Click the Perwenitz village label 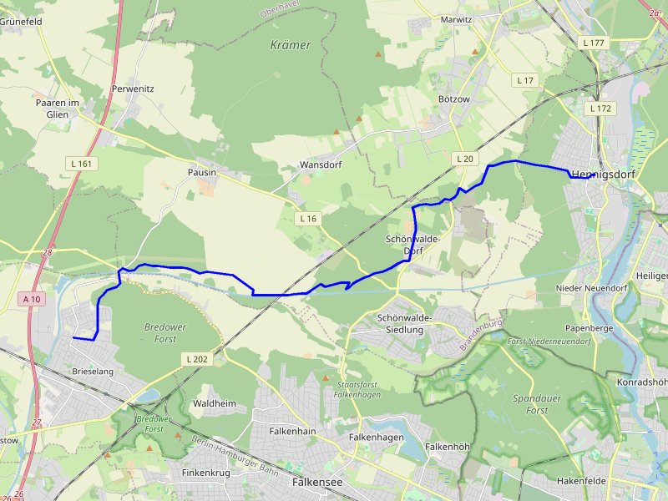[133, 88]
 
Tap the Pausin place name [202, 172]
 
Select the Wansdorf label [321, 164]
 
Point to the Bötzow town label [454, 99]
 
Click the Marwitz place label [456, 19]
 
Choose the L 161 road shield [81, 164]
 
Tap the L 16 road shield [308, 219]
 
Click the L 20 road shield [464, 159]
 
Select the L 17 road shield [525, 80]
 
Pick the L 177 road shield [594, 43]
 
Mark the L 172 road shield [600, 109]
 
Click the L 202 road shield [196, 359]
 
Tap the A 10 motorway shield [32, 299]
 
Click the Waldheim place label [215, 403]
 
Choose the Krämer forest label [291, 45]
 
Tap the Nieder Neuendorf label [590, 288]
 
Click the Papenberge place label [590, 328]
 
